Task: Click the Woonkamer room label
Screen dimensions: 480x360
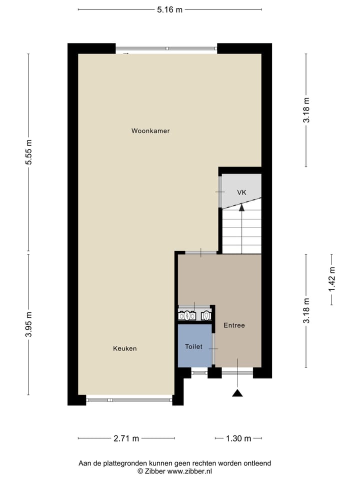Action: click(150, 131)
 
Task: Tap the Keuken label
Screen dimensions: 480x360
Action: click(124, 348)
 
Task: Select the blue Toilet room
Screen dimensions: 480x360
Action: click(193, 346)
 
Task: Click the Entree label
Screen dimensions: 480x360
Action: click(234, 325)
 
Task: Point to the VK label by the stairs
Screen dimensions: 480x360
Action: click(241, 192)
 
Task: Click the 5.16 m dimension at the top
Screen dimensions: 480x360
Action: click(169, 9)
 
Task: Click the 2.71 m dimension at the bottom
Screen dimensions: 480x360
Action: click(126, 438)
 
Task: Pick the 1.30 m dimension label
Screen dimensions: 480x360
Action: click(238, 438)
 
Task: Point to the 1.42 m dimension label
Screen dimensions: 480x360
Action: click(331, 279)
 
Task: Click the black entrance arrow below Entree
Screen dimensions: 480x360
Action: click(237, 393)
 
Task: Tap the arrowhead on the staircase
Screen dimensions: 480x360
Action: click(241, 207)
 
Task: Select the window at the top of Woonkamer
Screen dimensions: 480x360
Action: click(166, 48)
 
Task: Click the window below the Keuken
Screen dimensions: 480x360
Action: click(129, 399)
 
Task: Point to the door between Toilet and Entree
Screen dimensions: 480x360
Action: click(213, 348)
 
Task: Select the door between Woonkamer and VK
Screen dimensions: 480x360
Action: click(220, 192)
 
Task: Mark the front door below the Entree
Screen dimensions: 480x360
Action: click(237, 372)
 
